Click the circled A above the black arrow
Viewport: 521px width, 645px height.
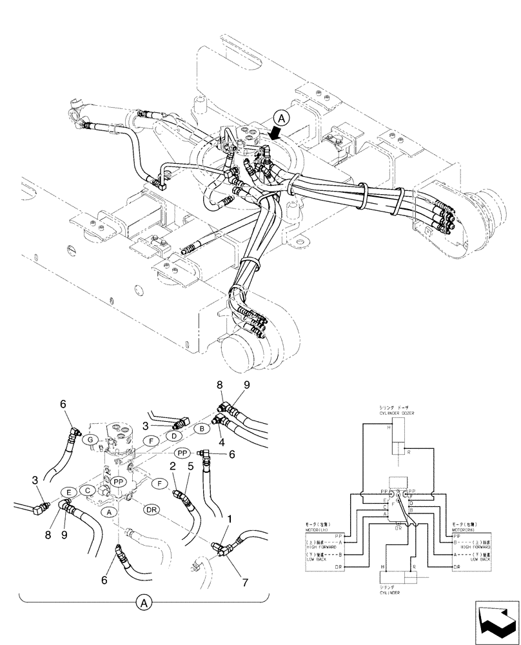280,117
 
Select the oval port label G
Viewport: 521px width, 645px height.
92,439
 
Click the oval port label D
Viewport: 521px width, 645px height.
174,437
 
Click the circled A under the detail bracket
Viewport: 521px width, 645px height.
144,604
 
